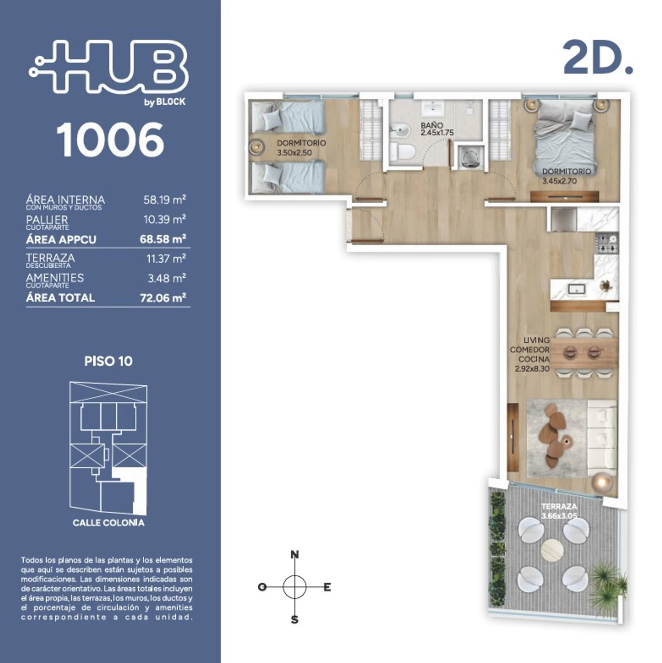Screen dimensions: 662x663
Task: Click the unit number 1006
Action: tap(110, 140)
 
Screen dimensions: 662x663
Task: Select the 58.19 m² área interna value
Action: tap(165, 200)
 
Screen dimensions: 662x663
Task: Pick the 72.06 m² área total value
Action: tap(163, 298)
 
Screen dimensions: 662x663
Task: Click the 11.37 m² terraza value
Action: tap(166, 259)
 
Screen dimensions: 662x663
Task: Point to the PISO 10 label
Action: tap(108, 361)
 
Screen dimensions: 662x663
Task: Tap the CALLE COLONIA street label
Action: tap(109, 522)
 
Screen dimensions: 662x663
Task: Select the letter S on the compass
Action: tap(294, 620)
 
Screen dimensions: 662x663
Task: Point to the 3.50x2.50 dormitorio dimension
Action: tap(294, 153)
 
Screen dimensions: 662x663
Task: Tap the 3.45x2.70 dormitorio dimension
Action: tap(559, 181)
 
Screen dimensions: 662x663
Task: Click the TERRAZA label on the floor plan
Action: tap(559, 507)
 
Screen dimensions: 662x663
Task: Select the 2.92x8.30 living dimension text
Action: tap(532, 369)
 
